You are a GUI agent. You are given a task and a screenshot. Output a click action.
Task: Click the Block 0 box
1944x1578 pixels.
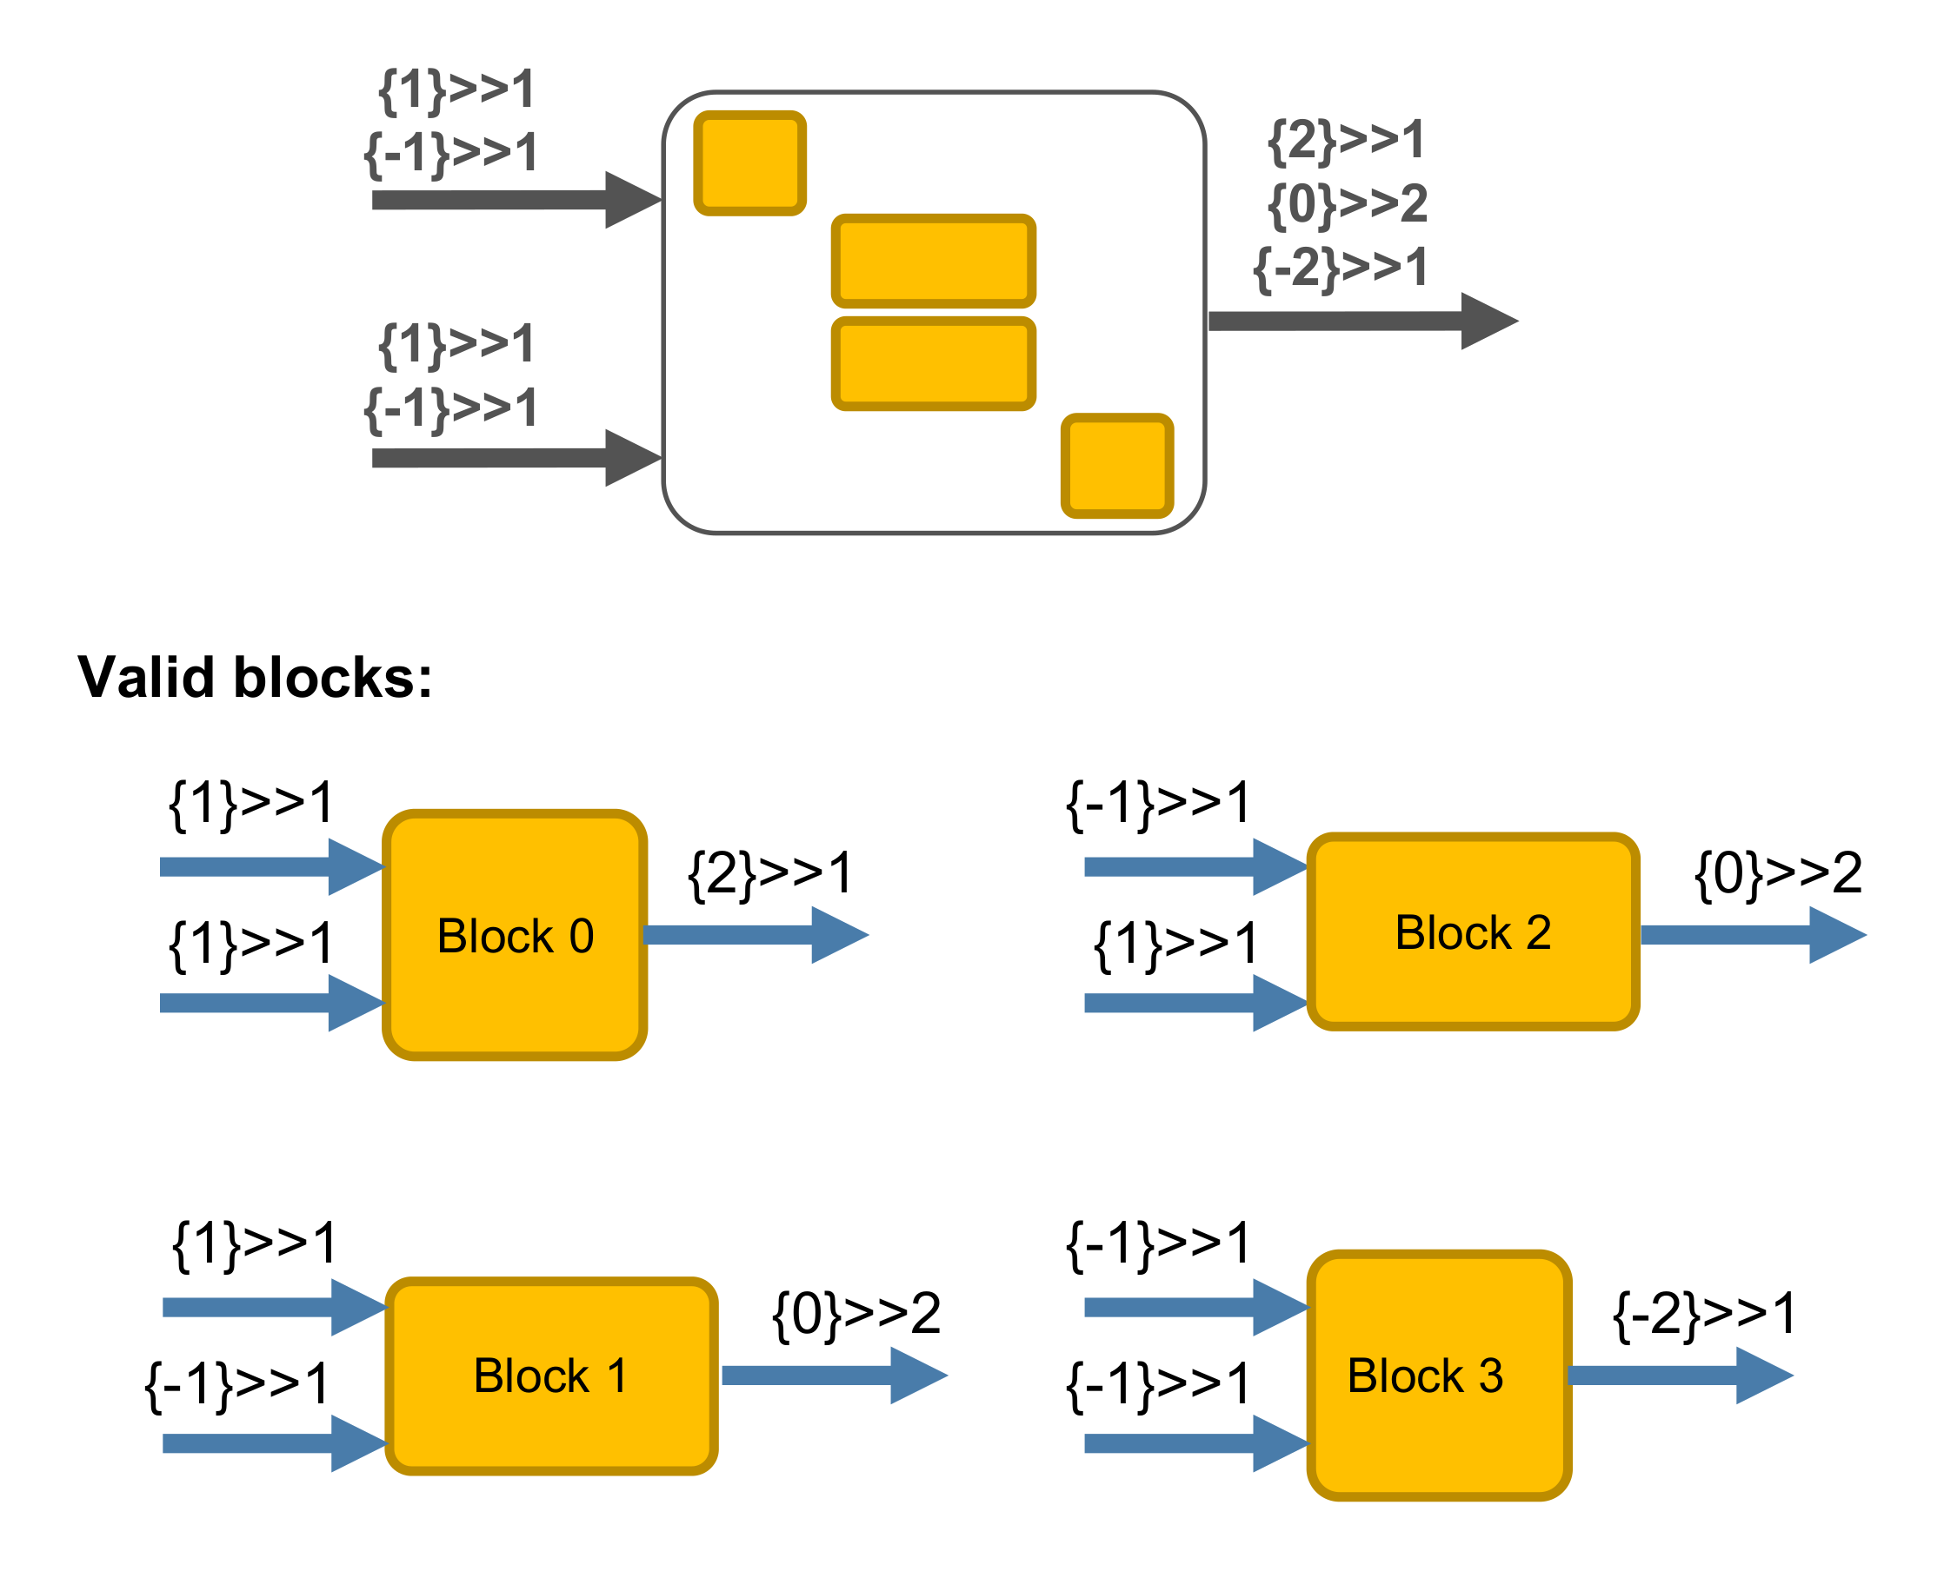click(x=515, y=935)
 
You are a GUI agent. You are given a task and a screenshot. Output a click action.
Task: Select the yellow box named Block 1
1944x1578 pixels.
click(x=551, y=1376)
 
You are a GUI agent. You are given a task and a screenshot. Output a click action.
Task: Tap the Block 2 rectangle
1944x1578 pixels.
click(x=1472, y=932)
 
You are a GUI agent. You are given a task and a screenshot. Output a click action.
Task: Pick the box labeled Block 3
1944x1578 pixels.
click(x=1439, y=1376)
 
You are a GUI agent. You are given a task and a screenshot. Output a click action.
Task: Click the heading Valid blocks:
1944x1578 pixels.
click(x=255, y=677)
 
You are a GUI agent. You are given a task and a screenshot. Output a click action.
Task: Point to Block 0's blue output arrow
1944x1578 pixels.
click(x=755, y=934)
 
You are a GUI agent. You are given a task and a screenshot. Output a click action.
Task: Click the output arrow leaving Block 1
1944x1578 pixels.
click(x=833, y=1376)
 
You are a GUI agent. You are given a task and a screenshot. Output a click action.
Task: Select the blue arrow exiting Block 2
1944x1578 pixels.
click(x=1751, y=934)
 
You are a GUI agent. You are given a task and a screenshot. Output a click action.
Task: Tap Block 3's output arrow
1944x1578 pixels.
click(x=1679, y=1376)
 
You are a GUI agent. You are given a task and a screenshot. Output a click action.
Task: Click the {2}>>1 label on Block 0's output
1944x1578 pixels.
click(x=770, y=873)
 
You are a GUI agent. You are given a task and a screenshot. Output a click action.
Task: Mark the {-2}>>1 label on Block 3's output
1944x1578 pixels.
click(x=1705, y=1315)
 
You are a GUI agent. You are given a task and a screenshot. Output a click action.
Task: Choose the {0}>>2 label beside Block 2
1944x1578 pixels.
click(x=1779, y=873)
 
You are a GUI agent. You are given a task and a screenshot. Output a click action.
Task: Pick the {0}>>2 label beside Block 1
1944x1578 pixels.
click(x=855, y=1315)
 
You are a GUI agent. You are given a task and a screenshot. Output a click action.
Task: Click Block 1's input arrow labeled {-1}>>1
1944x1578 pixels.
click(x=273, y=1443)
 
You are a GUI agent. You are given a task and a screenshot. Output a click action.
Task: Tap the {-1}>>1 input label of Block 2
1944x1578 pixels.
click(x=1158, y=804)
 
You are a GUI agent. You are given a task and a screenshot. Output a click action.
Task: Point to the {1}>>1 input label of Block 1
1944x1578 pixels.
click(x=255, y=1244)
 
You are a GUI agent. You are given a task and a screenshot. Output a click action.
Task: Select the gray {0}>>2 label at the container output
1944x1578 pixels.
click(x=1348, y=203)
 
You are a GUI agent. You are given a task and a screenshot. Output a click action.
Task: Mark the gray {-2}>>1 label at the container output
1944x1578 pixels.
click(x=1341, y=268)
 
